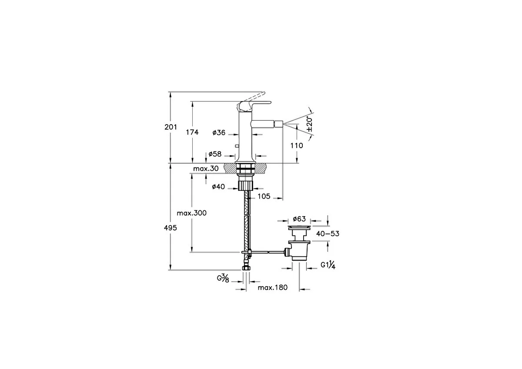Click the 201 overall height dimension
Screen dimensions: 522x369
(x=171, y=127)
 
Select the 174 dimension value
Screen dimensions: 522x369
(x=192, y=132)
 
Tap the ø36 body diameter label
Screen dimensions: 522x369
(x=219, y=132)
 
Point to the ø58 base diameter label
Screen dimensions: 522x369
(x=215, y=154)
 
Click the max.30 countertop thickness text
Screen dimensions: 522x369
(x=206, y=168)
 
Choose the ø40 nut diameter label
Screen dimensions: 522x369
(x=218, y=187)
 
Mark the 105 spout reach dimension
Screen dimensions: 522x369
(x=264, y=196)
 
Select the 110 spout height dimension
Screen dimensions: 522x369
(x=297, y=146)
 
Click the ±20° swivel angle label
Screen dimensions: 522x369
(x=309, y=125)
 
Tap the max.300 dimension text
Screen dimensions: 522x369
(x=191, y=213)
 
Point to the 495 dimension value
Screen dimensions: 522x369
(x=171, y=228)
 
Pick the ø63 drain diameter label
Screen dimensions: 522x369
(x=299, y=219)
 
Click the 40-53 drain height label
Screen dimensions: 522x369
(x=328, y=234)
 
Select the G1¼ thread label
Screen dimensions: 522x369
(x=328, y=265)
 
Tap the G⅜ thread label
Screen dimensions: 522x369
(x=223, y=278)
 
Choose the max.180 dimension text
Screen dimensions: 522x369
(x=273, y=287)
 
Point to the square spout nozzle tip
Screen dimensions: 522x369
(x=279, y=124)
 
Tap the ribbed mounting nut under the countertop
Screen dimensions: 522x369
(x=245, y=185)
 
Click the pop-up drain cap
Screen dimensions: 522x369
(x=299, y=227)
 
